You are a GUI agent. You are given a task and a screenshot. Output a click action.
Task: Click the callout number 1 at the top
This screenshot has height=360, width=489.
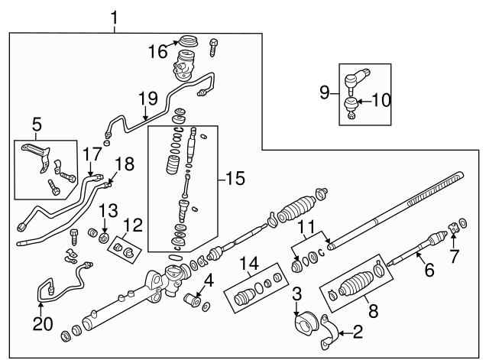(x=115, y=16)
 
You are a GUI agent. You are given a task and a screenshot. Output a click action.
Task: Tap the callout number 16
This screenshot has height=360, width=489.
(x=157, y=51)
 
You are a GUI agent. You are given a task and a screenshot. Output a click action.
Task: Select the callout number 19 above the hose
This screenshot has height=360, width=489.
(x=147, y=99)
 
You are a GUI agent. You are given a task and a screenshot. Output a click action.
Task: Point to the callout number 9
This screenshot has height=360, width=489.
(x=324, y=93)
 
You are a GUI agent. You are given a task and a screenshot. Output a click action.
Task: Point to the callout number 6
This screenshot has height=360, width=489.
(x=429, y=271)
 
